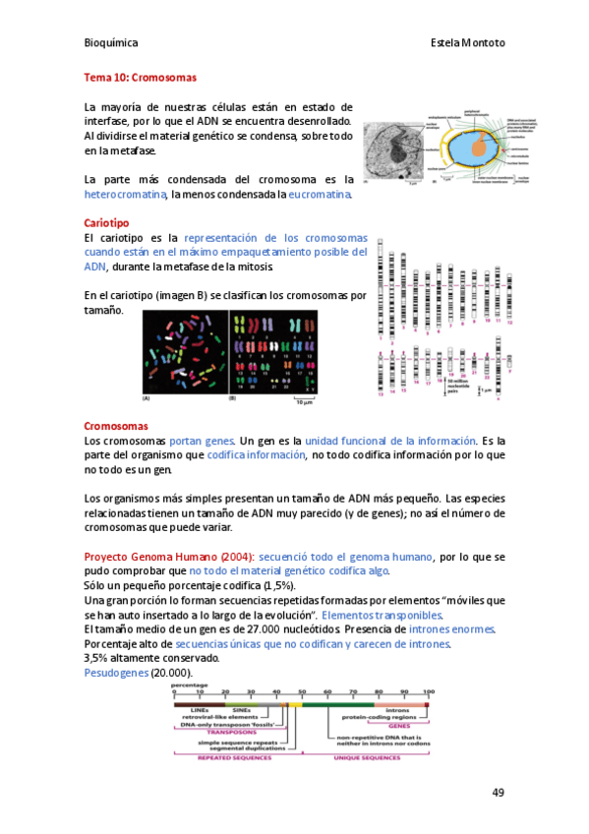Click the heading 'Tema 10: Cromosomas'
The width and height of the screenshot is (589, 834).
pos(141,77)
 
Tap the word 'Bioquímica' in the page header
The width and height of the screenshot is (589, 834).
pos(111,43)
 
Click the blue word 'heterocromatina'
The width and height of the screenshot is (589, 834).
pos(127,195)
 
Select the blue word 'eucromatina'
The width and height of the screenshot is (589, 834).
pos(319,195)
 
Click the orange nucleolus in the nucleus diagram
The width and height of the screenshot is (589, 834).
pos(478,147)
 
